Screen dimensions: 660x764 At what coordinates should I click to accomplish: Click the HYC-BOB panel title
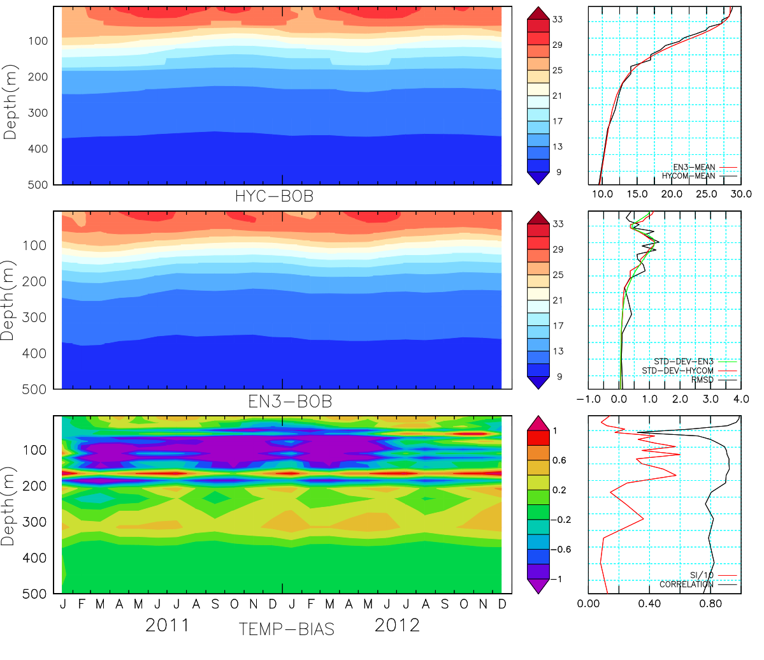[x=275, y=196]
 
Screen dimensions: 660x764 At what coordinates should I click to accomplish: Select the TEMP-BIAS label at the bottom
[x=286, y=629]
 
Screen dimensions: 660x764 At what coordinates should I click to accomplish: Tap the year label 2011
[x=168, y=625]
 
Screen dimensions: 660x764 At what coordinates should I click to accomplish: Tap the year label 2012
[x=397, y=625]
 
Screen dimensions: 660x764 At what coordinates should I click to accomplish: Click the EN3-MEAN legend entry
[x=694, y=167]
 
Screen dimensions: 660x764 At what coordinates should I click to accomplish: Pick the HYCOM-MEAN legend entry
[x=688, y=176]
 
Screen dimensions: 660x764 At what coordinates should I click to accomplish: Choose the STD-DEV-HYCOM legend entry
[x=677, y=370]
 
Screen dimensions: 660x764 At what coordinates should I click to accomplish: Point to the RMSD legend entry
[x=702, y=380]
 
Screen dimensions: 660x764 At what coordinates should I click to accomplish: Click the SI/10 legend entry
[x=702, y=575]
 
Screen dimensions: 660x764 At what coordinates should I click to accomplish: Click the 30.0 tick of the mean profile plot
[x=741, y=194]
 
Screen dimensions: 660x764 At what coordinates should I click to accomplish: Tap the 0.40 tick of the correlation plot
[x=649, y=603]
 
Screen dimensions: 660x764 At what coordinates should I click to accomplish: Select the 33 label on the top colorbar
[x=558, y=20]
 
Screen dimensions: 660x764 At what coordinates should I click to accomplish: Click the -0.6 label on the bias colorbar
[x=560, y=550]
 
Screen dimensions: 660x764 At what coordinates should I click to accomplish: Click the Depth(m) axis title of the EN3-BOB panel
[x=10, y=300]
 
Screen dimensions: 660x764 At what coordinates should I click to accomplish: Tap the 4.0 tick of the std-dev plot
[x=741, y=399]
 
